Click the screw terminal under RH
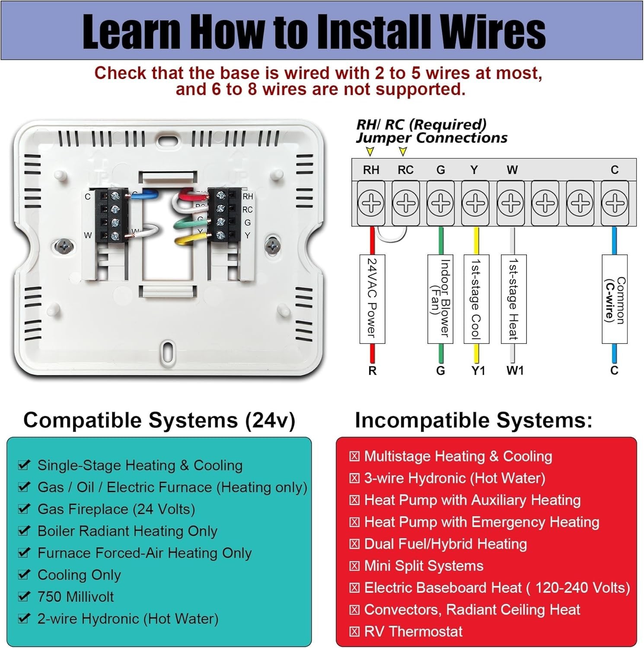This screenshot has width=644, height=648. [371, 203]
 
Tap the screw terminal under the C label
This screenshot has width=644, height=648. [614, 203]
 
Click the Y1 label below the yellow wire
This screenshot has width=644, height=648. [478, 371]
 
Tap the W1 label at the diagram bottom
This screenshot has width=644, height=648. [515, 371]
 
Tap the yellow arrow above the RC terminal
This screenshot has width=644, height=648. [403, 151]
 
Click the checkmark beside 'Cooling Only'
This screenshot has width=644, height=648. [24, 575]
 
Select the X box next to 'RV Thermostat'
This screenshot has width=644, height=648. [354, 632]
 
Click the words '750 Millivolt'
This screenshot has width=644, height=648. [76, 597]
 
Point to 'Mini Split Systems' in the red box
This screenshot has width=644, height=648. [424, 566]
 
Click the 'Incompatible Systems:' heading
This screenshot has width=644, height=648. [473, 420]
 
